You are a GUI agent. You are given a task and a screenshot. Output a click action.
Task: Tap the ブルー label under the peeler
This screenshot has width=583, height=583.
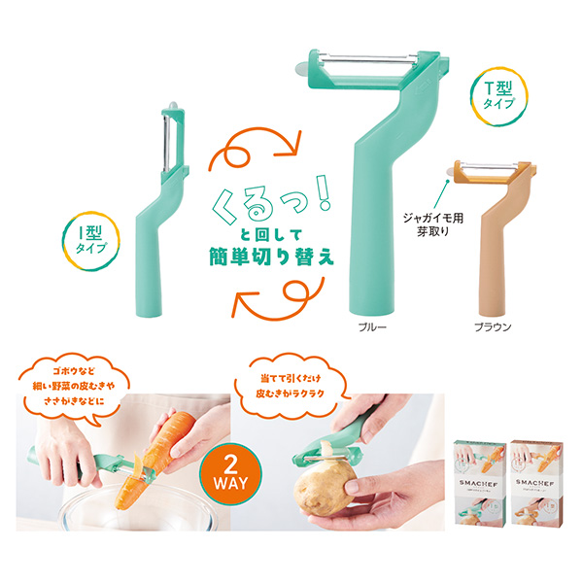[x=373, y=327]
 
